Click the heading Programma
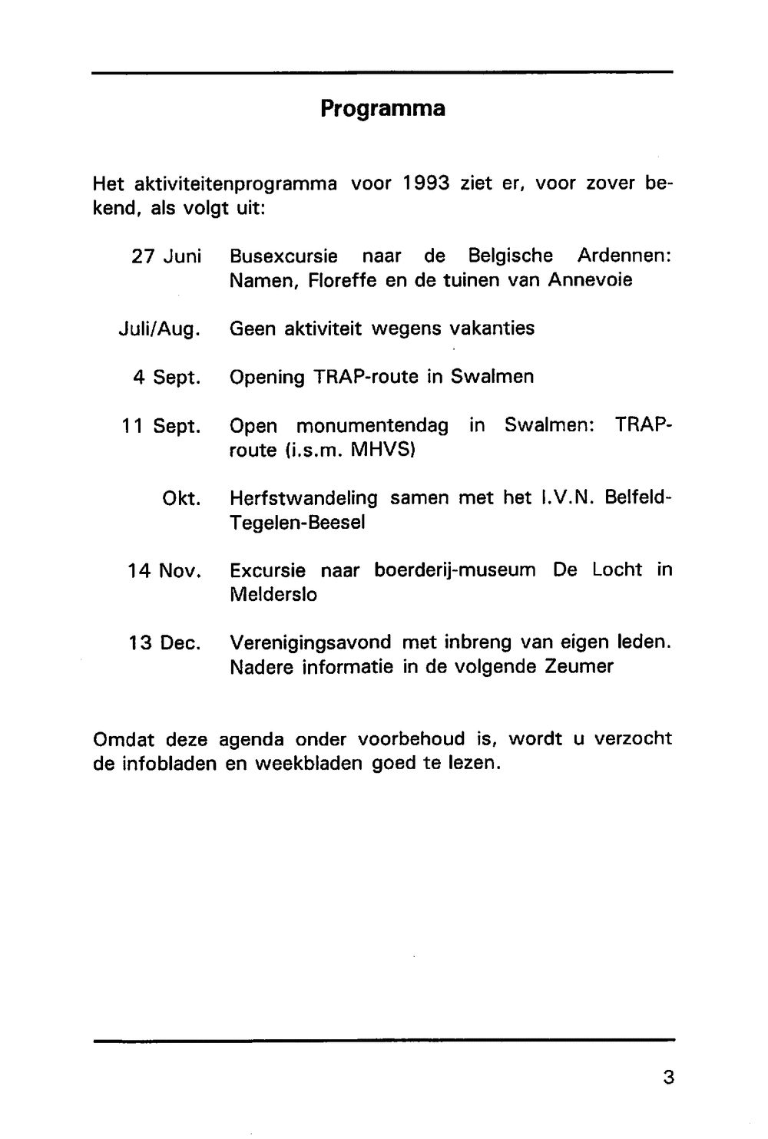click(382, 108)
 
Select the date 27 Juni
click(166, 256)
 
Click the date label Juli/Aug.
click(160, 329)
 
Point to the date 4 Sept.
click(167, 378)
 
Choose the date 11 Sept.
click(161, 426)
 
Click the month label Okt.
click(182, 499)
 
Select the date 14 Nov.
click(164, 571)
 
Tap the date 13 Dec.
click(164, 643)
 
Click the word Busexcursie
click(283, 256)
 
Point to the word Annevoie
click(590, 280)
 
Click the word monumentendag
click(372, 426)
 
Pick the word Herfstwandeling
click(303, 499)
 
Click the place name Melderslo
click(273, 595)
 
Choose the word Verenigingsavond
click(310, 643)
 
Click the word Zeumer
click(579, 667)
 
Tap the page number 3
click(668, 1078)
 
